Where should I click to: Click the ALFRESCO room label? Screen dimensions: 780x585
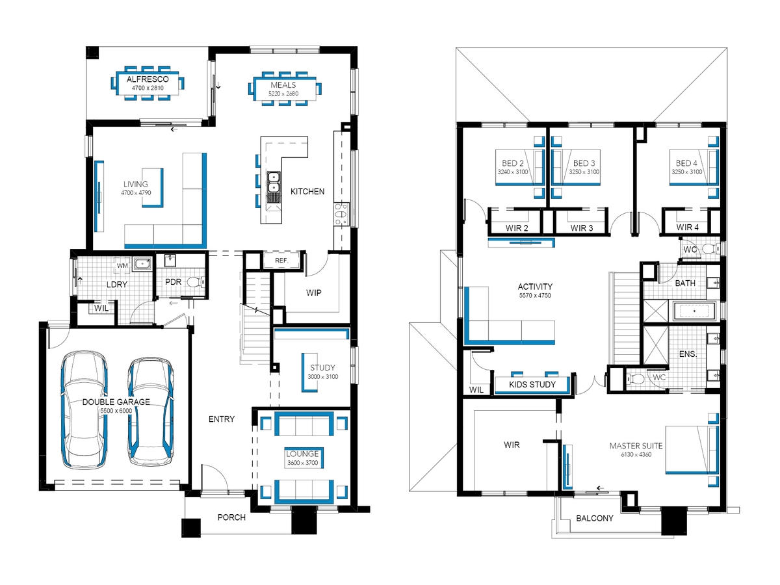[148, 79]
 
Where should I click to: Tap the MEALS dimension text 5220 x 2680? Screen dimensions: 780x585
[283, 94]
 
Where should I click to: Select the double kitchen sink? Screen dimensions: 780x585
[273, 182]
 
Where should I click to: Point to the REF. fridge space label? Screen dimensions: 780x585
[281, 261]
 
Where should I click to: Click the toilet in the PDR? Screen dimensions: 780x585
[196, 282]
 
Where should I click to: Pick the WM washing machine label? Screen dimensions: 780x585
[122, 266]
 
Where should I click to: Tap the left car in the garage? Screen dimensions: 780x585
[84, 411]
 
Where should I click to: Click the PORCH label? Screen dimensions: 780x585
[231, 517]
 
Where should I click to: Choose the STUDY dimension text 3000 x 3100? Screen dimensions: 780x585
[322, 376]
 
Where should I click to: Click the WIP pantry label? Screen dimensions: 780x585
[313, 292]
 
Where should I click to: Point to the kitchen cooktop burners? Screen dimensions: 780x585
[341, 214]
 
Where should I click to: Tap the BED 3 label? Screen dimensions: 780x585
[584, 163]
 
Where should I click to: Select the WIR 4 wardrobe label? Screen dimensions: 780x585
[687, 227]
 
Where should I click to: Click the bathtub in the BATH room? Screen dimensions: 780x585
[694, 311]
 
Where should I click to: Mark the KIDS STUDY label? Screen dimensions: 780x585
[532, 384]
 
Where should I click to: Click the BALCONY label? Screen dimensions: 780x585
[595, 518]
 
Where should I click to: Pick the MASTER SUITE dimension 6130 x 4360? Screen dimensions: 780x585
[636, 454]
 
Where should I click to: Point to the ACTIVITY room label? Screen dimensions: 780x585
[535, 287]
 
